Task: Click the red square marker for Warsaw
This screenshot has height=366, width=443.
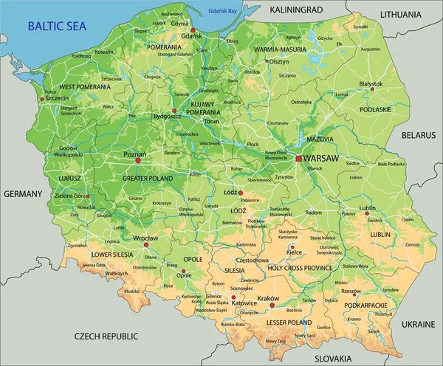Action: [299, 158]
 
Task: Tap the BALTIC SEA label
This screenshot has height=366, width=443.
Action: [57, 26]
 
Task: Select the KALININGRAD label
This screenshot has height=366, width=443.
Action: [296, 10]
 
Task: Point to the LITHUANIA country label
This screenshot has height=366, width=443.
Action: [405, 14]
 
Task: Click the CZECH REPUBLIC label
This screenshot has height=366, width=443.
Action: [106, 336]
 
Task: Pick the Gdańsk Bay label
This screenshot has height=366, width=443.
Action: [224, 10]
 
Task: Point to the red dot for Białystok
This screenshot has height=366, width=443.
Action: [373, 91]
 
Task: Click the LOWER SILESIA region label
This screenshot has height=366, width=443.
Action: [111, 254]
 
